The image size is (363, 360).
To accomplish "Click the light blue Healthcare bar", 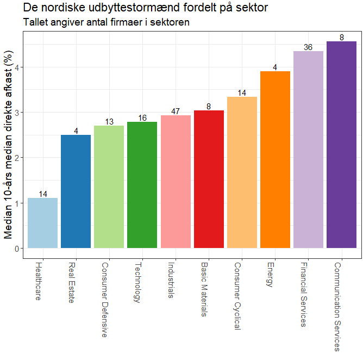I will coord(43,223).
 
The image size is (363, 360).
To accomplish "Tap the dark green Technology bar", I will coord(142,185).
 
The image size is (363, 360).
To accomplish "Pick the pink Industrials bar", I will coord(176,182).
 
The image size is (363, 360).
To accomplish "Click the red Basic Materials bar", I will coord(209,179).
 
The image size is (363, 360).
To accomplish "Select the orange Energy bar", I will coord(275,160).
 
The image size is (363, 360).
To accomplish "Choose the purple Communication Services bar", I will coord(341,145).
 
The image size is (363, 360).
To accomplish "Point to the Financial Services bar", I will coord(308,150).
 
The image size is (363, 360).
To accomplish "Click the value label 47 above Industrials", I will coord(176,111).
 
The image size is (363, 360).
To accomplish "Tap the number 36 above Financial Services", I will coord(308,47).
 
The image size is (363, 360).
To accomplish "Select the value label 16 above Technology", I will coord(142,118).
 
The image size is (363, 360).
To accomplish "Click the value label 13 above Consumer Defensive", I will coord(109,122).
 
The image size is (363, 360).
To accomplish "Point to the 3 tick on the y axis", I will coord(17,113).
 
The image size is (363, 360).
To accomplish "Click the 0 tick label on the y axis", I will coord(17,249).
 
